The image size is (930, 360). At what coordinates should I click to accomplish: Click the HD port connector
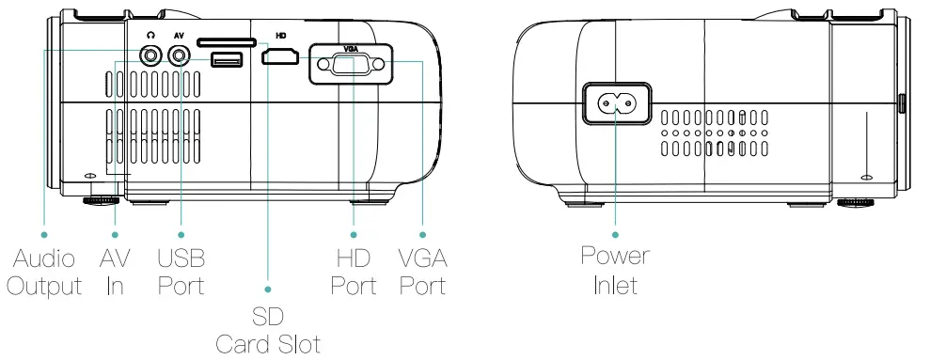point(281,59)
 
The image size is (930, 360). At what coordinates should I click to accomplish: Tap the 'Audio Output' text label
point(44,271)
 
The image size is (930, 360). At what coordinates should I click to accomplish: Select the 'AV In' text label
point(115,271)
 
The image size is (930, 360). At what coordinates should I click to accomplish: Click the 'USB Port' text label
point(181,271)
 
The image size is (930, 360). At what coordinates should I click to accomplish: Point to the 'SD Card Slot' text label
point(268,329)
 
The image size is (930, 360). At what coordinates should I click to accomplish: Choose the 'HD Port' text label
point(354,271)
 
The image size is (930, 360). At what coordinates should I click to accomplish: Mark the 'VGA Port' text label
point(422,271)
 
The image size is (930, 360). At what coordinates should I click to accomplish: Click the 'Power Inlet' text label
point(616,271)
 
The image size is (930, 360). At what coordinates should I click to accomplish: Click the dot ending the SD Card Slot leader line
point(268,289)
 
